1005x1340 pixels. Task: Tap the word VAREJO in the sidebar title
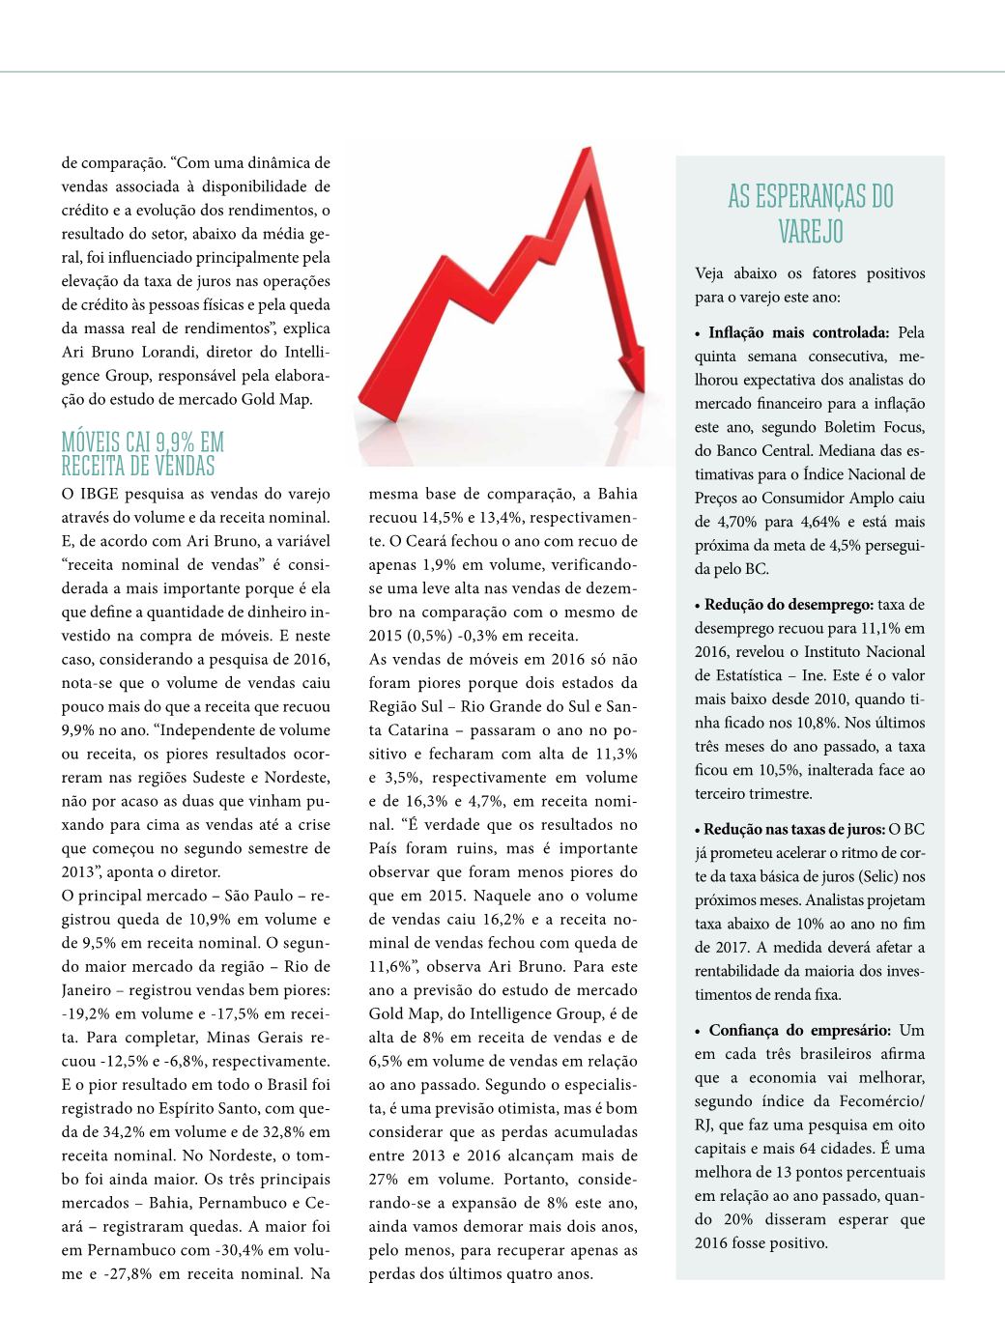tap(811, 233)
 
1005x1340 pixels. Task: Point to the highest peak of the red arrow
tap(586, 153)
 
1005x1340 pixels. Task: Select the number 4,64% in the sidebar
tap(812, 522)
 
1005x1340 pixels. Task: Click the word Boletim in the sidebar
tap(853, 427)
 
